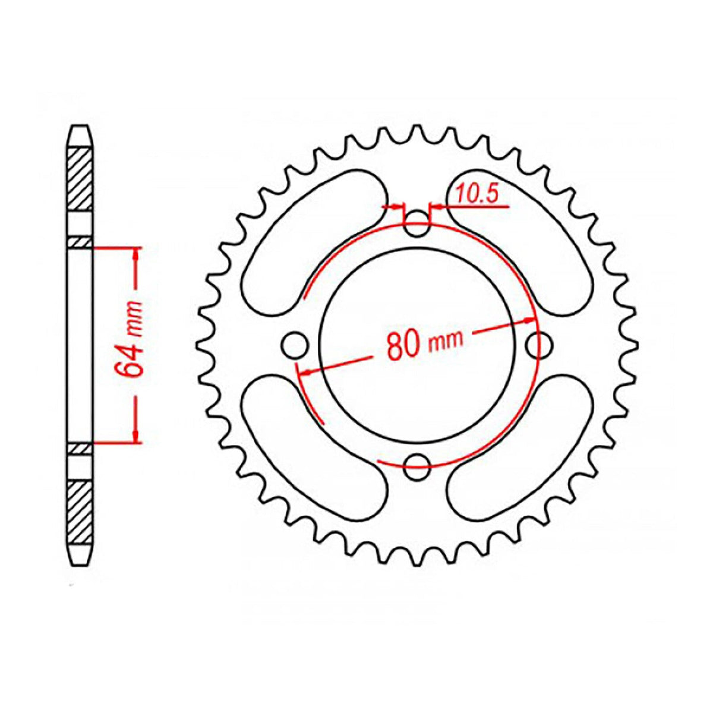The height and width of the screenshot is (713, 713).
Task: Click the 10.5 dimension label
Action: pos(477,193)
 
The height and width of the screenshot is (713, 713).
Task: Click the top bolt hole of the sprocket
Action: pos(417,224)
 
